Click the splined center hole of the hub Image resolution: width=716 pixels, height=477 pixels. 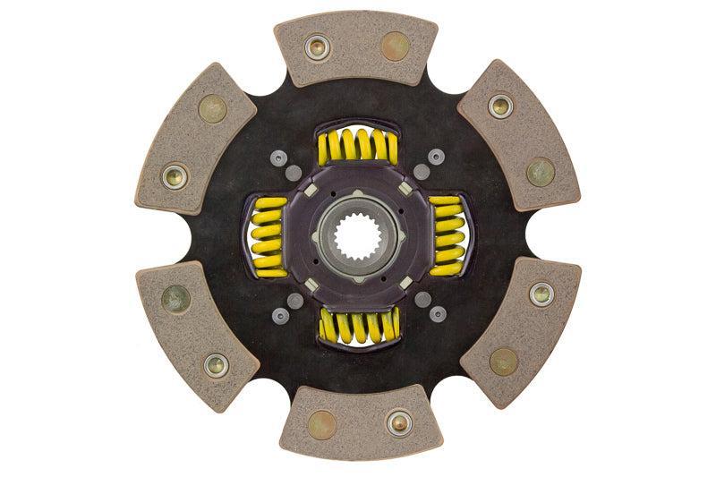(356, 238)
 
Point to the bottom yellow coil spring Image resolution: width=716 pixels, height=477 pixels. (358, 327)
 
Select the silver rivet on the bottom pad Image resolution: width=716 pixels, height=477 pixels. (398, 422)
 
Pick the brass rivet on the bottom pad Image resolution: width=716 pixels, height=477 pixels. (321, 423)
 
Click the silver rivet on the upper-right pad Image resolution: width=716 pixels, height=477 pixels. (500, 106)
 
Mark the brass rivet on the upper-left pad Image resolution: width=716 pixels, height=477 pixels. (213, 108)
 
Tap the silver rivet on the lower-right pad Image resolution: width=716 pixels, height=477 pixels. (541, 292)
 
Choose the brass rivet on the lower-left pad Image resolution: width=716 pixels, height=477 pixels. (175, 298)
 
